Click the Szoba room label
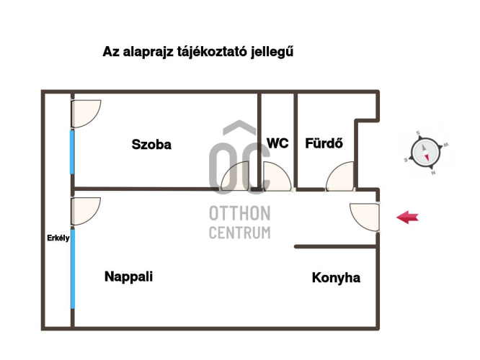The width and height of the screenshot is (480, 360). [x=151, y=144]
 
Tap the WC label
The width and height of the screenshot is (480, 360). [x=277, y=143]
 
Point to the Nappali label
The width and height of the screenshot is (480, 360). [x=128, y=276]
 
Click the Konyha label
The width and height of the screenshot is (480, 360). [x=336, y=278]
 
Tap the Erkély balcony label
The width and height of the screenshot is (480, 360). [x=58, y=240]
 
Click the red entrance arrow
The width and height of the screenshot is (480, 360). [x=407, y=217]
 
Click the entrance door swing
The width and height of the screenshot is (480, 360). [x=365, y=216]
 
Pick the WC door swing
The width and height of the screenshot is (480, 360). [x=277, y=177]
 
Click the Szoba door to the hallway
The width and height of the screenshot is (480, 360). [x=236, y=178]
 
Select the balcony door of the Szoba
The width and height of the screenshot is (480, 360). [x=85, y=113]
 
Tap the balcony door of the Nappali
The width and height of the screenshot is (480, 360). [x=85, y=210]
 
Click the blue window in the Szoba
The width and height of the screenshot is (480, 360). [x=72, y=151]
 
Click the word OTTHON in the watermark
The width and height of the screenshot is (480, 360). [x=239, y=214]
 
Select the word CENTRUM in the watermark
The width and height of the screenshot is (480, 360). [x=239, y=233]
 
